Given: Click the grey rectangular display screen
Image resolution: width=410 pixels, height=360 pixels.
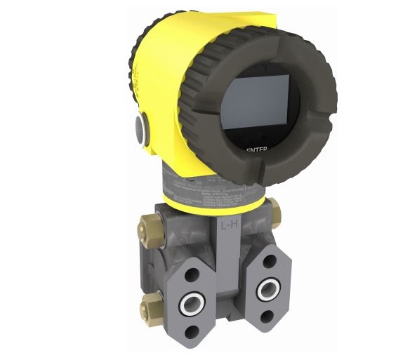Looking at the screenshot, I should click(256, 105).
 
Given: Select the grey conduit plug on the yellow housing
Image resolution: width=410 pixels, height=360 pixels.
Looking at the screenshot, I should click(141, 128).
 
